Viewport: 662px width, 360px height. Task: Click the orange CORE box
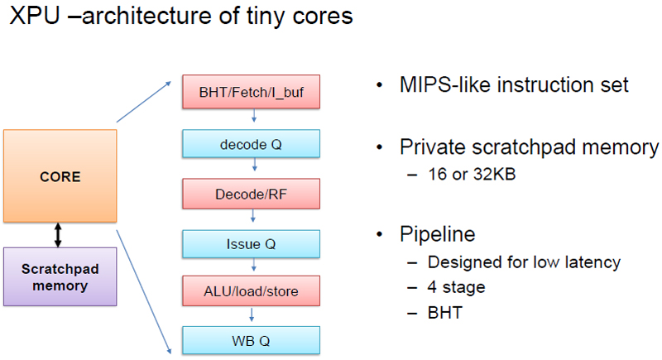coord(60,176)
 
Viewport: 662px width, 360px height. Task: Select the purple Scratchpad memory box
coord(60,277)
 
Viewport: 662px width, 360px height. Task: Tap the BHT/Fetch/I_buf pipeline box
coord(252,92)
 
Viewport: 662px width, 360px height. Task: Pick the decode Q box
coord(252,144)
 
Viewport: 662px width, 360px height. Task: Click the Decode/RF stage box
coord(252,194)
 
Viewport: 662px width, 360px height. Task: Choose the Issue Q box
coord(252,244)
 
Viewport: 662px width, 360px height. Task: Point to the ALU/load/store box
coord(252,290)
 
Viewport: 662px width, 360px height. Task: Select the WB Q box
coord(252,340)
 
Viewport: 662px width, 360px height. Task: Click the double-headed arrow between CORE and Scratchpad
coord(58,235)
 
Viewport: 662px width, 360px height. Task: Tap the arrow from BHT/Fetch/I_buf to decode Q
coord(254,116)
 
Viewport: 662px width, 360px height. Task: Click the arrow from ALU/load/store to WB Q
coord(252,314)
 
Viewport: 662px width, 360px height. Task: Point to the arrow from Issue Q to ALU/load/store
coord(254,265)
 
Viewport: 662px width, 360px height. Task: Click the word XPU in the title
coord(35,16)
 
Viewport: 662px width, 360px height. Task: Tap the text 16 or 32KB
coord(472,174)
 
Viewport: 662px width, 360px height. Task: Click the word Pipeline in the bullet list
coord(438,235)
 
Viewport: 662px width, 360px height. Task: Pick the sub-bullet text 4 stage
coord(457,287)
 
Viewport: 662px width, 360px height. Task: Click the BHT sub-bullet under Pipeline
coord(445,313)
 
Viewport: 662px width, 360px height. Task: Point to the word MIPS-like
coord(445,84)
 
